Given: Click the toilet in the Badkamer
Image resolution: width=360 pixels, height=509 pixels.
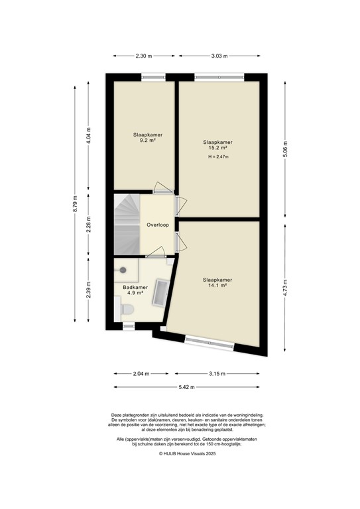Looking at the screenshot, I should (x=127, y=308).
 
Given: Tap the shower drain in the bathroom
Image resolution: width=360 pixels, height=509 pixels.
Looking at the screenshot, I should (x=123, y=270).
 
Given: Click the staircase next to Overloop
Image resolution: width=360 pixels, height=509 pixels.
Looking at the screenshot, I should (x=126, y=224).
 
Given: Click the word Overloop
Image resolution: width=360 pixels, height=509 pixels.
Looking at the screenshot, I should (x=158, y=225).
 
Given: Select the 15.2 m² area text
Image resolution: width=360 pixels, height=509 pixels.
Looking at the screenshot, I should (x=218, y=148).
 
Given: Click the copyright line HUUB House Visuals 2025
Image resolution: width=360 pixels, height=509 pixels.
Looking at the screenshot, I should (x=180, y=454).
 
